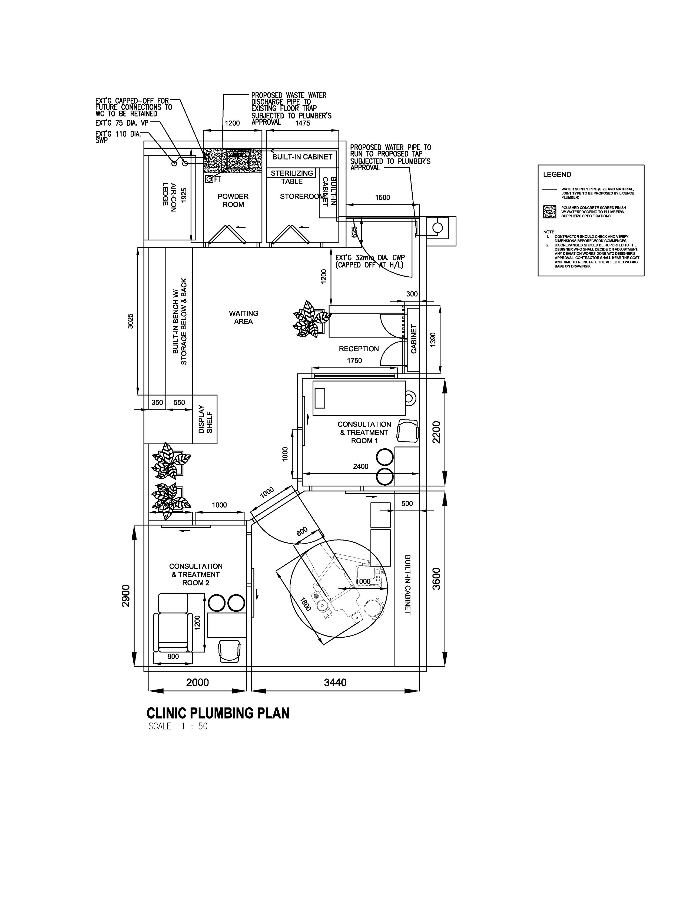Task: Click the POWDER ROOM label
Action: [x=233, y=200]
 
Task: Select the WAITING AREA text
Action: [x=243, y=317]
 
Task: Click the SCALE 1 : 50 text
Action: [x=178, y=726]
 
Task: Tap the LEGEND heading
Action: [x=557, y=175]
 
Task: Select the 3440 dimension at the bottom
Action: [x=335, y=683]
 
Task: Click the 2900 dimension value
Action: [x=126, y=596]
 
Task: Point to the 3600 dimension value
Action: [x=437, y=578]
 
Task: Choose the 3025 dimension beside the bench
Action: [x=130, y=321]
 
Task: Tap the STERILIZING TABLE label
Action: [x=292, y=177]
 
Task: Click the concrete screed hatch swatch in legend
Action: [x=549, y=211]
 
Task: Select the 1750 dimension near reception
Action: [x=354, y=360]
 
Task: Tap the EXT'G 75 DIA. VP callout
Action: [x=122, y=123]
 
